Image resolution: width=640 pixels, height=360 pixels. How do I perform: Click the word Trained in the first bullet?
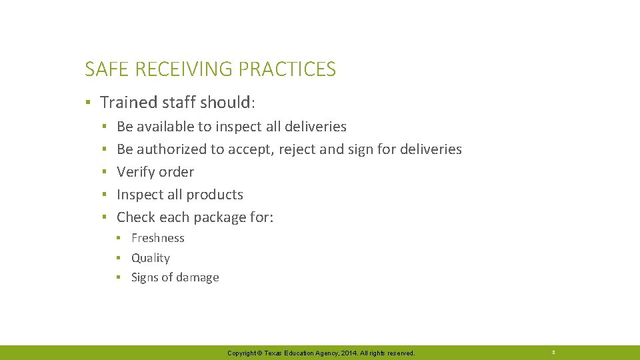(x=125, y=103)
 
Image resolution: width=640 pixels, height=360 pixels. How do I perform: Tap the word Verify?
(x=135, y=172)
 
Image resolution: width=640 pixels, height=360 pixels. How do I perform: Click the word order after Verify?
(x=176, y=172)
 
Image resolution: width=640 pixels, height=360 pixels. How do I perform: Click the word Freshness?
(x=158, y=238)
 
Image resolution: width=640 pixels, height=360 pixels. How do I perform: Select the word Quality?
(x=151, y=258)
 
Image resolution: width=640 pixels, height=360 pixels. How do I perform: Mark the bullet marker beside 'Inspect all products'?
(x=104, y=195)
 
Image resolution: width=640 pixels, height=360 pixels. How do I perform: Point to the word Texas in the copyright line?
(x=274, y=353)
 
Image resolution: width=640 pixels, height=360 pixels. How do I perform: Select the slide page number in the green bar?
(x=553, y=352)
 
